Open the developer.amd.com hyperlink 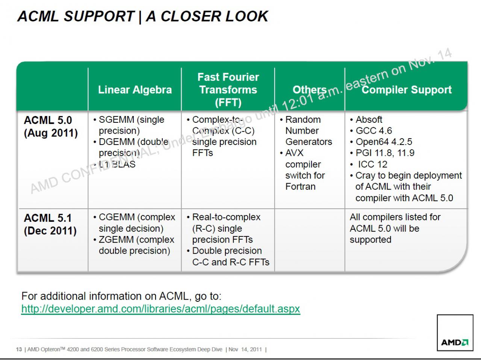160,309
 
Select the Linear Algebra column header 135,90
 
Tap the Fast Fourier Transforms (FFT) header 228,90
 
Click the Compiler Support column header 407,90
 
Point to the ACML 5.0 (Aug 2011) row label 51,127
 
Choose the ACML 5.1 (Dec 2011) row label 50,224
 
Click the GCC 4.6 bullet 371,131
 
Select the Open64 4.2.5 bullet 381,142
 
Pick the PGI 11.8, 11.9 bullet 382,153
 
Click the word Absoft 369,119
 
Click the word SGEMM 116,119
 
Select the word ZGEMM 116,239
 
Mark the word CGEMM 116,217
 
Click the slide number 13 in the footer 19,349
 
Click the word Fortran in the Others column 300,187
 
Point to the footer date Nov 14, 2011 245,349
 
